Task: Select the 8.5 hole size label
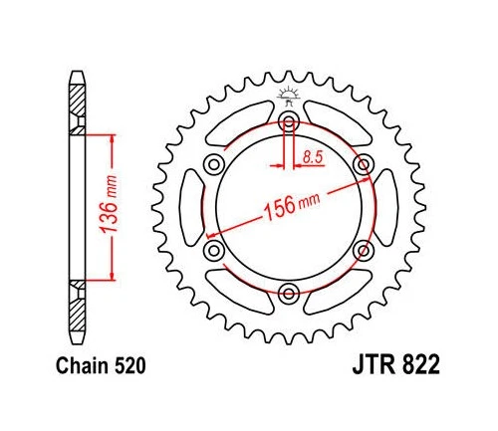point(312,156)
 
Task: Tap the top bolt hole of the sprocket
point(289,122)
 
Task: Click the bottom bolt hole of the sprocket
point(289,292)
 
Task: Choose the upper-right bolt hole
point(363,164)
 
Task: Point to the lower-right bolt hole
point(363,249)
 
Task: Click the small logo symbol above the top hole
point(289,97)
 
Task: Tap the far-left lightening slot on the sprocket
point(193,207)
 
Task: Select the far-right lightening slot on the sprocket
point(384,207)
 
